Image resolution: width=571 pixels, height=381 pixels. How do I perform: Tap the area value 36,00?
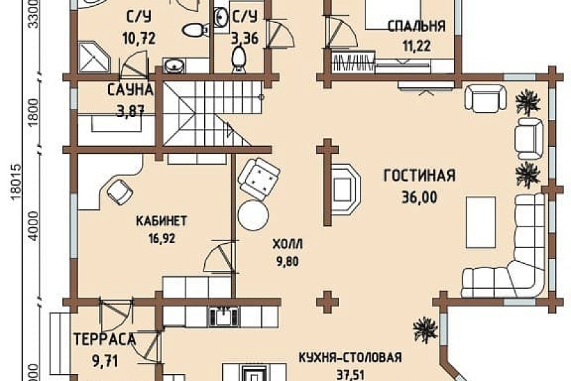pyautogui.click(x=419, y=197)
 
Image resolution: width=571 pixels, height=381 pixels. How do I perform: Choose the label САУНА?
pyautogui.click(x=129, y=90)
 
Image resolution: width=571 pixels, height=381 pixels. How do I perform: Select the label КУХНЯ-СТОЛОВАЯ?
pyautogui.click(x=350, y=358)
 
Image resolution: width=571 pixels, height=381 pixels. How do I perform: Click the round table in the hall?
pyautogui.click(x=253, y=215)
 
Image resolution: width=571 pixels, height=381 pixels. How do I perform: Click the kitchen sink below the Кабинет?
pyautogui.click(x=223, y=317)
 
